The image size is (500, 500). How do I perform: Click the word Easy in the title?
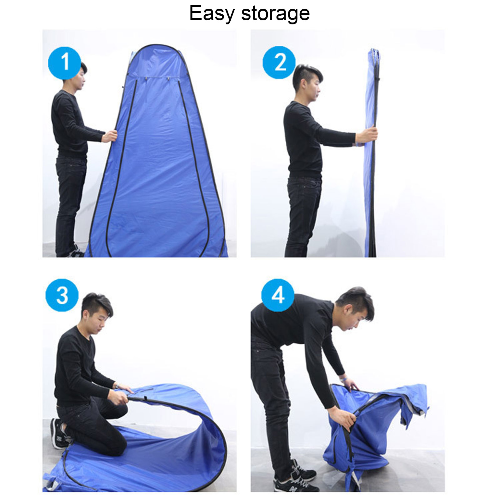pyautogui.click(x=212, y=14)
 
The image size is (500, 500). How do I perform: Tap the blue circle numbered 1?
pyautogui.click(x=65, y=63)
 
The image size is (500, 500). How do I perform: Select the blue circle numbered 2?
pyautogui.click(x=279, y=62)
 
